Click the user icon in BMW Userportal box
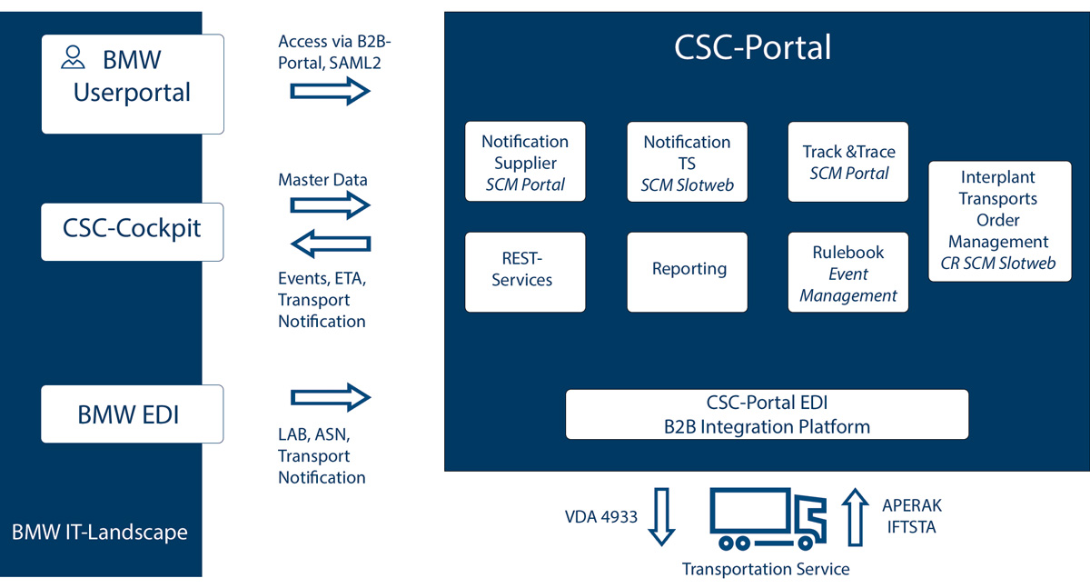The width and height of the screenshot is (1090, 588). click(73, 59)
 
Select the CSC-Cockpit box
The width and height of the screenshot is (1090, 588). click(132, 228)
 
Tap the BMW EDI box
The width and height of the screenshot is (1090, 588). click(132, 414)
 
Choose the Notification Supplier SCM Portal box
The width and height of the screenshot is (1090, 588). click(525, 162)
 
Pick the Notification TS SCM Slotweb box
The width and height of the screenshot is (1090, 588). click(687, 163)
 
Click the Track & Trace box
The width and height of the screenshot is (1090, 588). click(848, 162)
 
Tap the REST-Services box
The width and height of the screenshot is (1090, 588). click(525, 271)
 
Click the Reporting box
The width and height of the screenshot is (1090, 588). click(688, 271)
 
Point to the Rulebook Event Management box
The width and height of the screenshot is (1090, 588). click(848, 273)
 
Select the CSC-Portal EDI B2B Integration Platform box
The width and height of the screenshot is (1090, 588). click(767, 414)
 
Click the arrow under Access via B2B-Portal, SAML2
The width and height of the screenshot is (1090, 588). click(331, 91)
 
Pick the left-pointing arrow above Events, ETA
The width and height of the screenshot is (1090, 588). click(331, 243)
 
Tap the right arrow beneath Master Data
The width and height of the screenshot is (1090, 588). click(331, 205)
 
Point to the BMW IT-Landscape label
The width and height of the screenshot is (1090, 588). click(100, 532)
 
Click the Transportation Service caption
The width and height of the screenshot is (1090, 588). click(766, 569)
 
